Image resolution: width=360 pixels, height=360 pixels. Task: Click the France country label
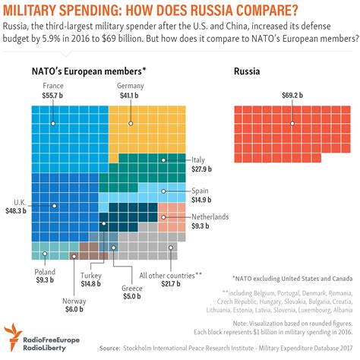click(54, 87)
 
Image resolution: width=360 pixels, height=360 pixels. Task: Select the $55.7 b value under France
click(54, 96)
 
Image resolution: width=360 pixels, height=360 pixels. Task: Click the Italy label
click(198, 159)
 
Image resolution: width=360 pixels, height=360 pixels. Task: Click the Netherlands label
click(209, 216)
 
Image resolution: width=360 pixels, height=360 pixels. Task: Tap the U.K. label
click(20, 201)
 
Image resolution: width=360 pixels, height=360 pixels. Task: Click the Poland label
click(43, 271)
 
